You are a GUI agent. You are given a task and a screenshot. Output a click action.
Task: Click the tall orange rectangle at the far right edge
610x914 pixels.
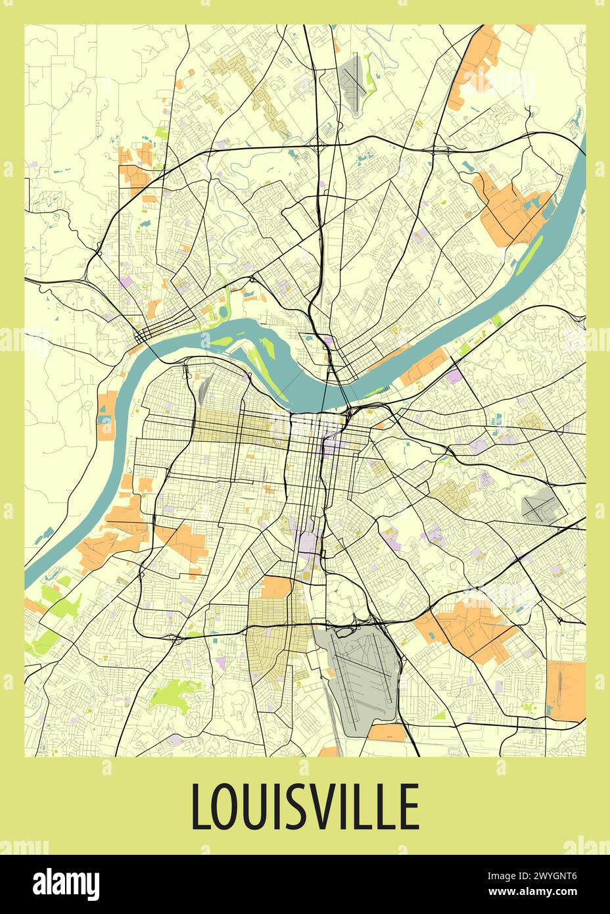point(565,690)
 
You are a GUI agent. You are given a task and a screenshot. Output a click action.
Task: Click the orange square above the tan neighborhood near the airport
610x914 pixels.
point(276,587)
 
